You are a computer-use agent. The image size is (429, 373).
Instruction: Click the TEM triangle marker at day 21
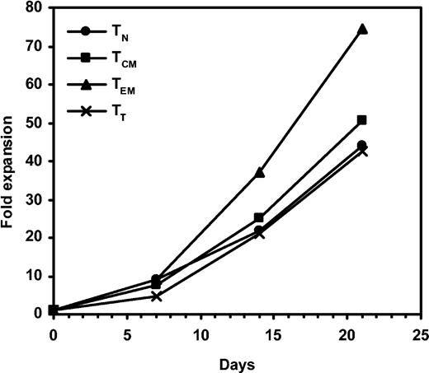(x=362, y=29)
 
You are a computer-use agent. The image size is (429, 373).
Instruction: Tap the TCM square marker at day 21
(x=362, y=120)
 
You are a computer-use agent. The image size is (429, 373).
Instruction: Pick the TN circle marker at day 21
(x=362, y=146)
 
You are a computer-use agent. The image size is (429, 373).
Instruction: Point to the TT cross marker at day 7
(x=156, y=296)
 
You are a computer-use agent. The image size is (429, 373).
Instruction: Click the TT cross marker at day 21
(x=362, y=152)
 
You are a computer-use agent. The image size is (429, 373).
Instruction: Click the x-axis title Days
(x=237, y=361)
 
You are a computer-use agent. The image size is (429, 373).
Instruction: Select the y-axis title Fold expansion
(x=11, y=161)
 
